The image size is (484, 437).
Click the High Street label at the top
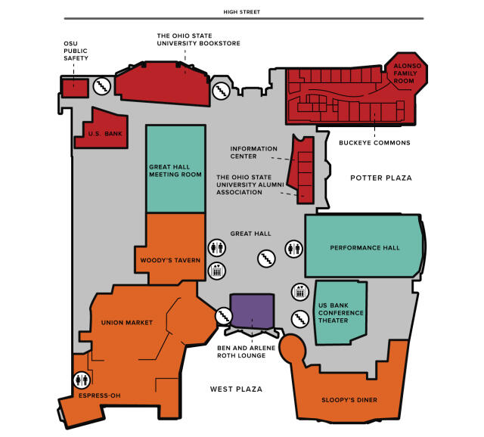tap(243, 11)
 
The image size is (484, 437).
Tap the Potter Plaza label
tap(381, 178)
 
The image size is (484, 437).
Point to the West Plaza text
tap(236, 389)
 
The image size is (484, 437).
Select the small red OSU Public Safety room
tap(73, 87)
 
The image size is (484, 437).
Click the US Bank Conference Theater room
tap(340, 313)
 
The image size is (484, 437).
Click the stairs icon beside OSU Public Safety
tap(102, 87)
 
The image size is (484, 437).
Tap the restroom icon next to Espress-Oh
tap(82, 380)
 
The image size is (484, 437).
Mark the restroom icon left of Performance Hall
tap(295, 247)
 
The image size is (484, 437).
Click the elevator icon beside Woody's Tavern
tap(217, 270)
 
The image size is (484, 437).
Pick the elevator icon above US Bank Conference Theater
tap(300, 291)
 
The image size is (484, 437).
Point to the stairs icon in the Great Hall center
tap(264, 259)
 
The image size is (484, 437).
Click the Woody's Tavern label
tap(170, 260)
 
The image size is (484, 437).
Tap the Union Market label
tap(127, 322)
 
